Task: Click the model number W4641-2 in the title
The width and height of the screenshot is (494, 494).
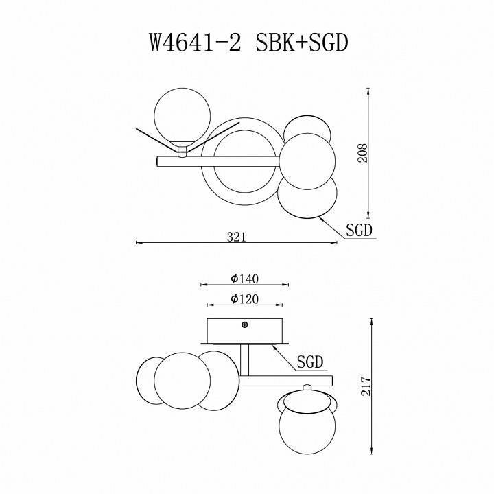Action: pyautogui.click(x=193, y=43)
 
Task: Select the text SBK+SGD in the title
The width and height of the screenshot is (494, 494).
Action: pyautogui.click(x=303, y=43)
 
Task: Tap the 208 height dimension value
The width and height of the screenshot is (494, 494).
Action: pyautogui.click(x=363, y=152)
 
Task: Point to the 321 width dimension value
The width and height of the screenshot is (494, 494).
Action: pyautogui.click(x=236, y=236)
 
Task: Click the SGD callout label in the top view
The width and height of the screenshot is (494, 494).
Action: pyautogui.click(x=359, y=231)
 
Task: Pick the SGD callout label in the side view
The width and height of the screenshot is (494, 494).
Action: pyautogui.click(x=310, y=362)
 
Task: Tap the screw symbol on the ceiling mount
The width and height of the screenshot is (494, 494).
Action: pyautogui.click(x=245, y=325)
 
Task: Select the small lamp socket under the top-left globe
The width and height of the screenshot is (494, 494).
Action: pyautogui.click(x=183, y=150)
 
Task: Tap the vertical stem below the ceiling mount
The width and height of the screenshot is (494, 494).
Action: pyautogui.click(x=245, y=360)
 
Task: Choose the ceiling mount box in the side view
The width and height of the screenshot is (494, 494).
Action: pyautogui.click(x=245, y=331)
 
